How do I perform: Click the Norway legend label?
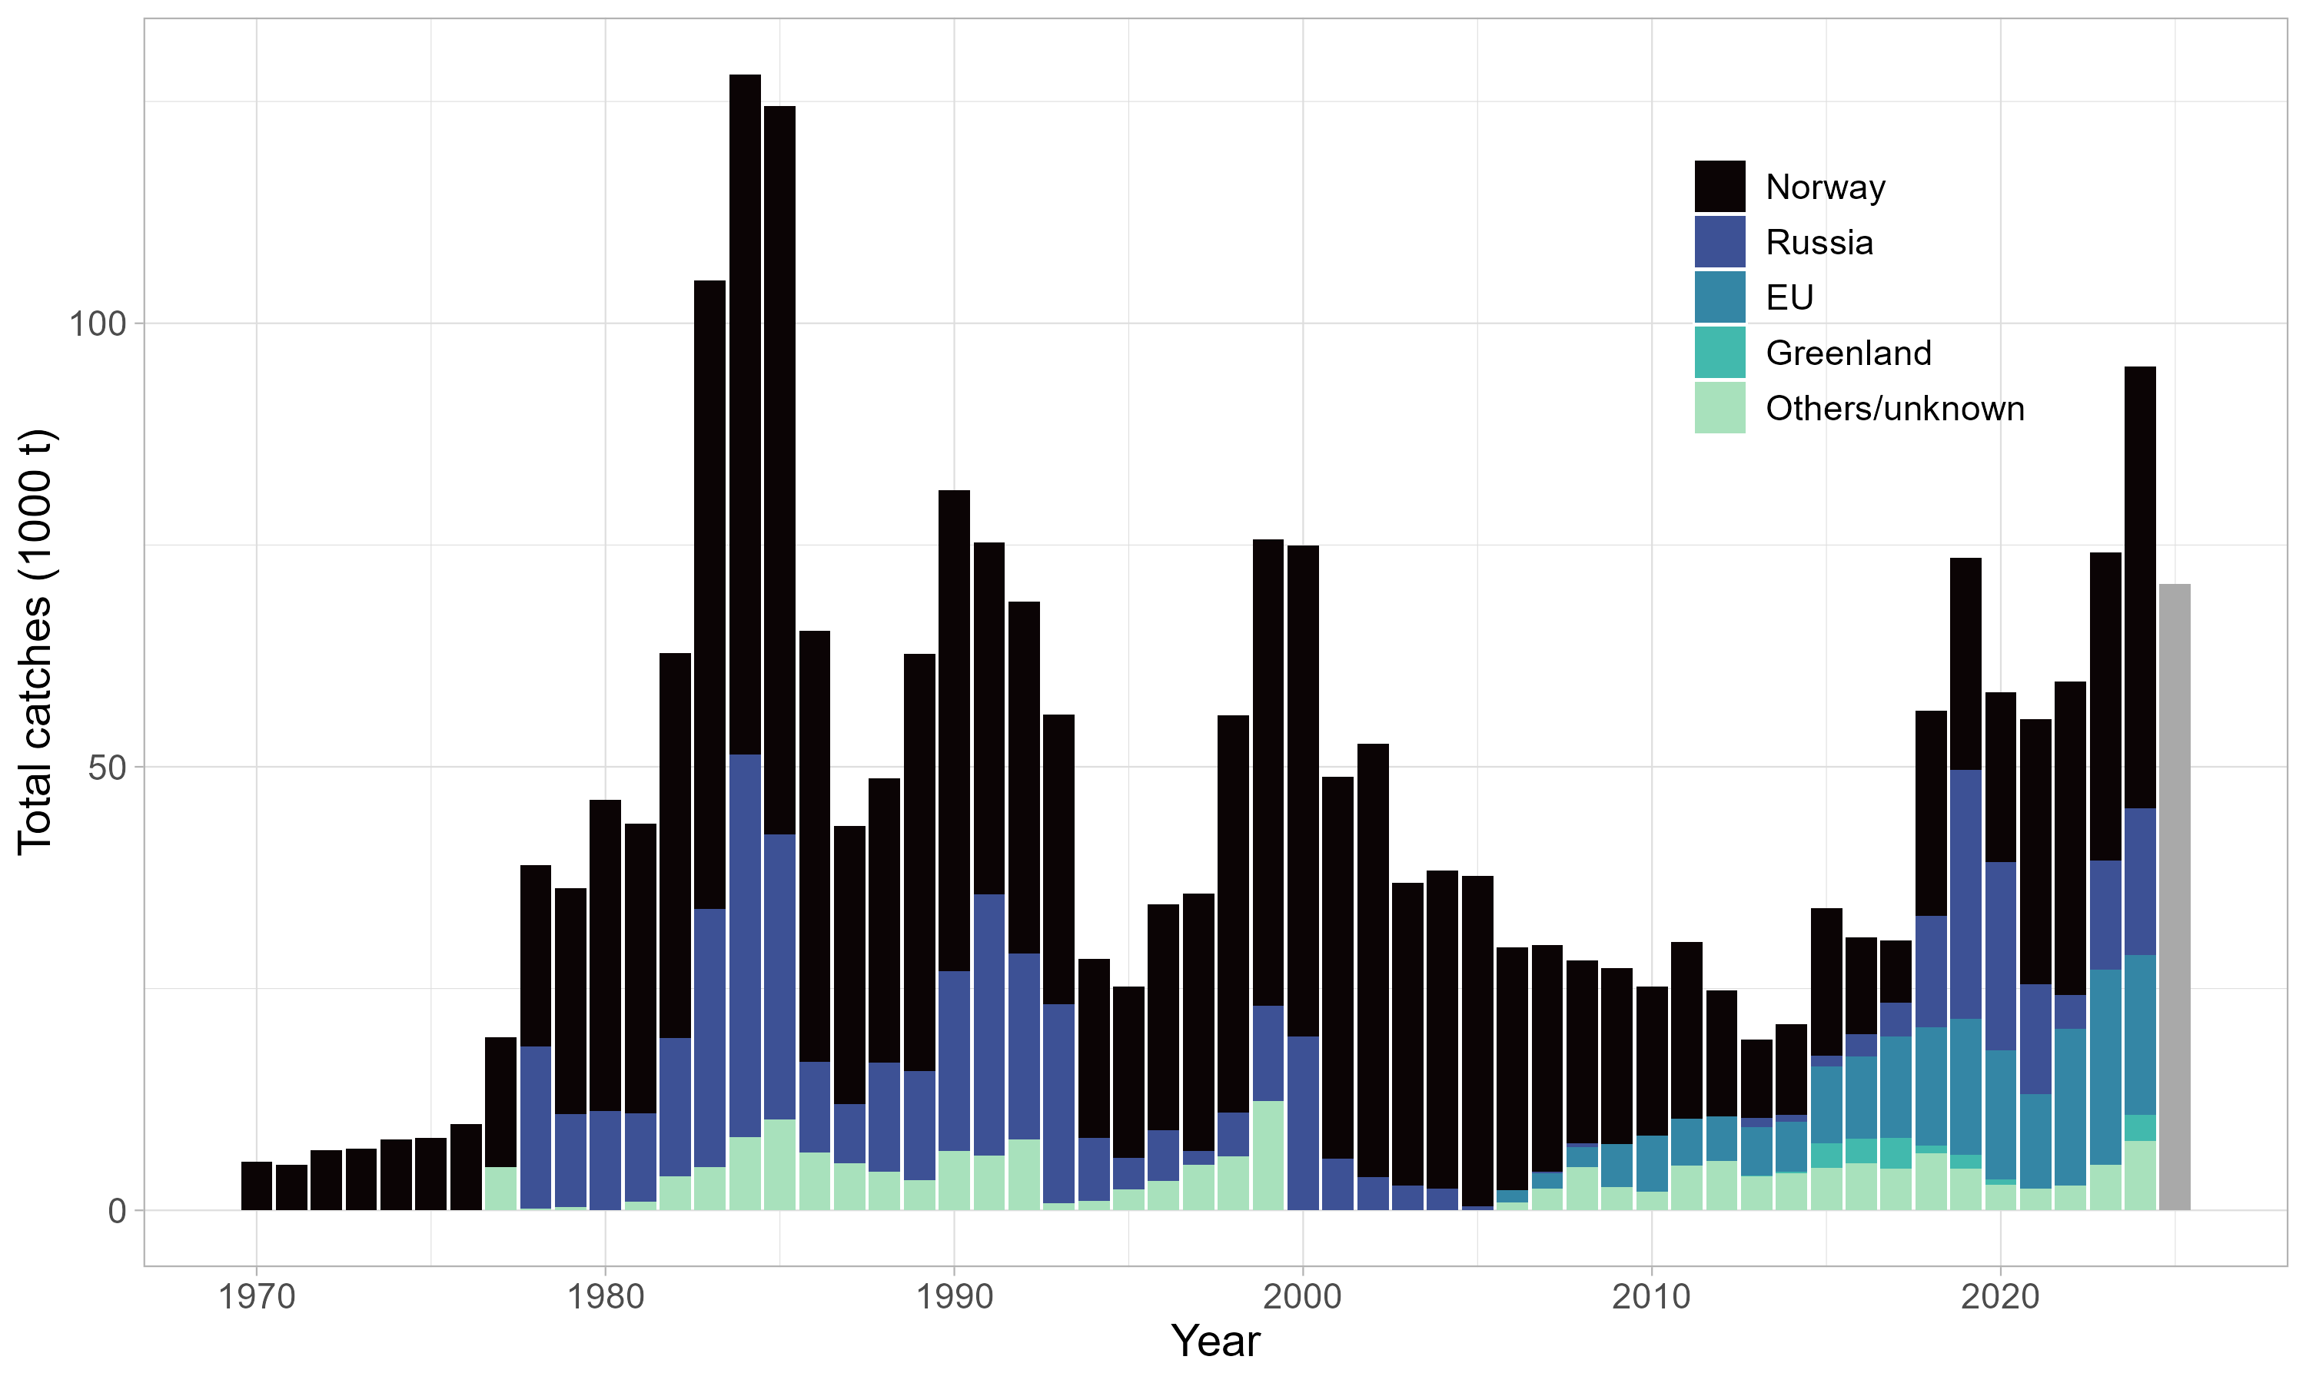(1824, 187)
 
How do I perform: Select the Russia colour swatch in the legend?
(1719, 242)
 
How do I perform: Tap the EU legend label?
(1789, 297)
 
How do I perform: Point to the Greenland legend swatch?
(1719, 352)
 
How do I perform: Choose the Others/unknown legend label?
(1894, 408)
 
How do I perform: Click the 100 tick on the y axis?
(97, 324)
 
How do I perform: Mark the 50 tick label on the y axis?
(106, 768)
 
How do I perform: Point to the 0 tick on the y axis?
(117, 1212)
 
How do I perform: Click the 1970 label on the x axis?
(256, 1297)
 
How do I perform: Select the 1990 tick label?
(954, 1297)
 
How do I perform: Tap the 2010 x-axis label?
(1651, 1297)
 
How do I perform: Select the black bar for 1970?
(256, 1186)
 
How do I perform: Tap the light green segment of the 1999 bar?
(1268, 1156)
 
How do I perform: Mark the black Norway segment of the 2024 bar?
(2139, 587)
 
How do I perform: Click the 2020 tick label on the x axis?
(1999, 1297)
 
